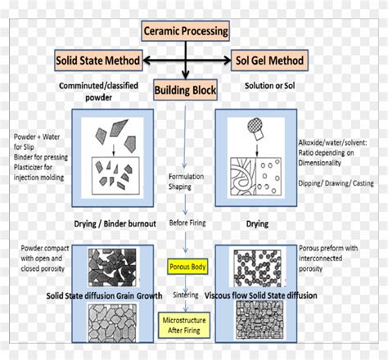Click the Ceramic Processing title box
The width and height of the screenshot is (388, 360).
click(185, 32)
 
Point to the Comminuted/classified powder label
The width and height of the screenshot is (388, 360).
click(90, 92)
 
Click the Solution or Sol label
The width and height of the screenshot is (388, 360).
click(270, 86)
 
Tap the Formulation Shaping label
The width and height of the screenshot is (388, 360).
click(186, 181)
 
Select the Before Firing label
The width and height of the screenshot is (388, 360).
click(187, 223)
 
